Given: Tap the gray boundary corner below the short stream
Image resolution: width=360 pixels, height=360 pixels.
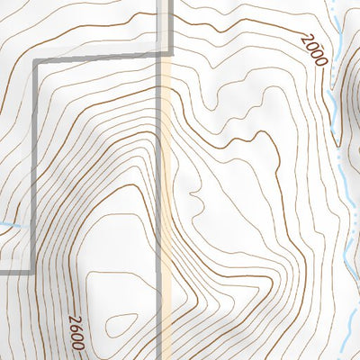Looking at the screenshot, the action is [x=34, y=269].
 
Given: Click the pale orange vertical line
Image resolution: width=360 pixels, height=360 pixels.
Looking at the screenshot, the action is [x=167, y=180].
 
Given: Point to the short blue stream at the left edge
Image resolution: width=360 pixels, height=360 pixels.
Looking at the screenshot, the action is [x=7, y=225].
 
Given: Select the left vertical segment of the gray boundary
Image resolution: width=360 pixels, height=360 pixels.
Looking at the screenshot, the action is [x=35, y=162].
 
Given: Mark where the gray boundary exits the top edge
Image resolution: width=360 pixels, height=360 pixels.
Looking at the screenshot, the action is [x=168, y=2].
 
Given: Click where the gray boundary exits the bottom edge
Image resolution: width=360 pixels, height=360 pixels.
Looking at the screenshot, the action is [x=163, y=357].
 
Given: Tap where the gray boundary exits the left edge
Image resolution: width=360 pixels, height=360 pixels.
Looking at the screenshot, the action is [x=2, y=270].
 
